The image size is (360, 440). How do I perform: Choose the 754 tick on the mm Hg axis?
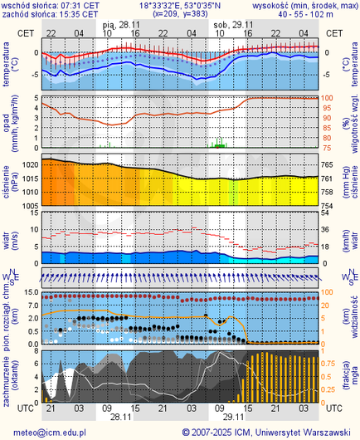click(x=328, y=205)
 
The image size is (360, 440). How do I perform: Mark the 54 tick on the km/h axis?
click(x=328, y=213)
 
